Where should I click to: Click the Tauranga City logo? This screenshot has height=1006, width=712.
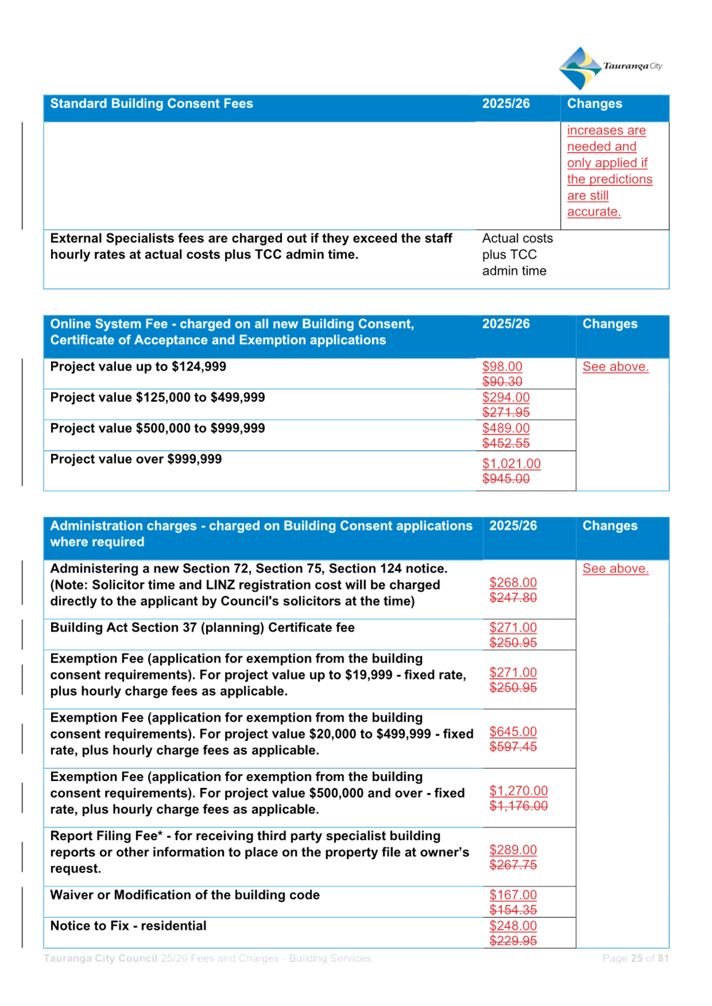[610, 68]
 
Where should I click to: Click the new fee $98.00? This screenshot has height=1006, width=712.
[502, 366]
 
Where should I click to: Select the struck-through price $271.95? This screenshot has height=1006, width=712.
[506, 412]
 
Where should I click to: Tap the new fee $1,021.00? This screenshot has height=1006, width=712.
[511, 463]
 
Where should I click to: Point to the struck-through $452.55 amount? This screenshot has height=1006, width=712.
[506, 443]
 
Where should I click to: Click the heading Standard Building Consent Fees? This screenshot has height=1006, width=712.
[151, 104]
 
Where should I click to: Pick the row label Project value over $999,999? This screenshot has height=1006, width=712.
[136, 459]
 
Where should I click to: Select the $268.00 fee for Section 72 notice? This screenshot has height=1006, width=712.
[513, 582]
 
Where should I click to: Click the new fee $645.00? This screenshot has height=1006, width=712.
[513, 732]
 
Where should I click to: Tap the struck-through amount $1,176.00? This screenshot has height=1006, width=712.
[518, 806]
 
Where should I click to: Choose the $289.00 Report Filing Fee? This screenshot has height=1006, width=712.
[513, 850]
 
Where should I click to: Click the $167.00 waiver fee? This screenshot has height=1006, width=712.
[513, 894]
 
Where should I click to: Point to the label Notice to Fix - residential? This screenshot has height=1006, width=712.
[128, 925]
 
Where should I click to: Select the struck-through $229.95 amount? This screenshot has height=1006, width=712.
[513, 940]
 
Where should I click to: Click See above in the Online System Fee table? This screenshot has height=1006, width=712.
[616, 366]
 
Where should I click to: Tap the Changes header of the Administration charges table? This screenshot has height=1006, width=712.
[610, 526]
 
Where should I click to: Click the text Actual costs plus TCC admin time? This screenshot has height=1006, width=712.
[517, 255]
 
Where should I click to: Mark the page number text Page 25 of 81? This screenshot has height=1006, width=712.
[635, 958]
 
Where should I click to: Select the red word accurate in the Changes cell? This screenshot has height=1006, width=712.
[593, 212]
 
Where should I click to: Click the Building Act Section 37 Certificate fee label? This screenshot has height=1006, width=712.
[202, 627]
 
